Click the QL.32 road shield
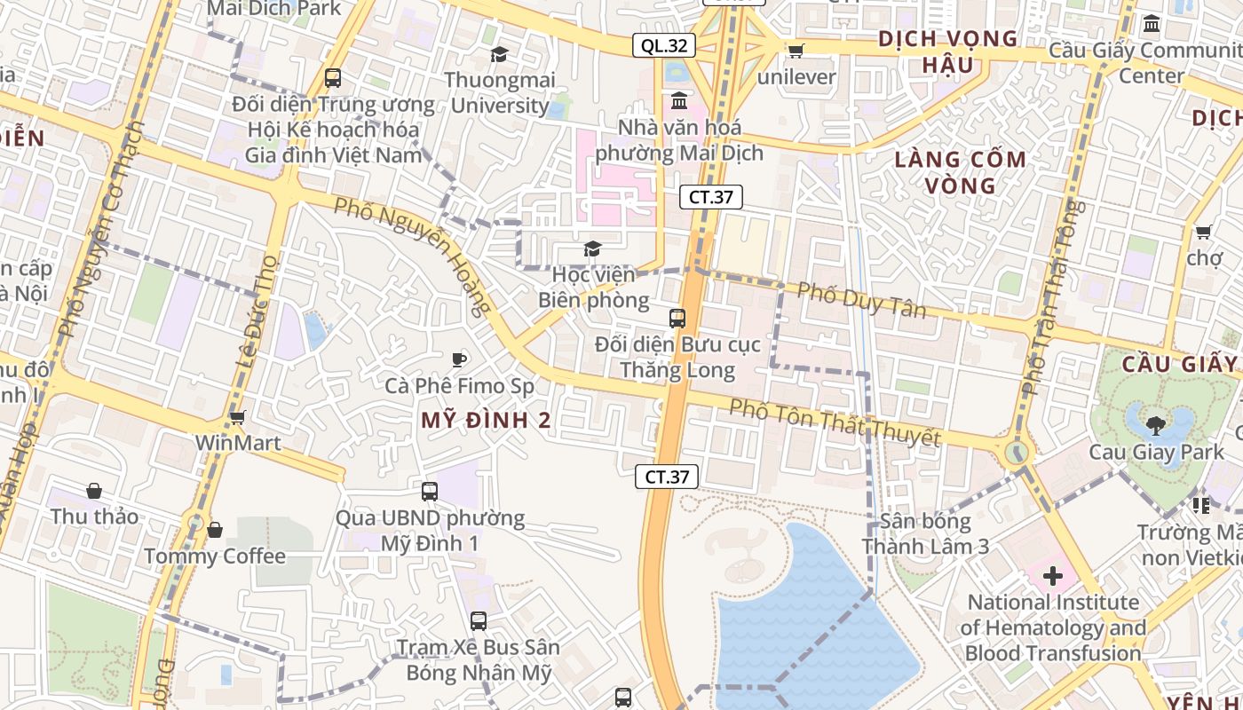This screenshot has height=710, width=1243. point(663,45)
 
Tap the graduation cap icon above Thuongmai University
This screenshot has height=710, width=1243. point(499,55)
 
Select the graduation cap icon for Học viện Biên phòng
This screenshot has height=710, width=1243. point(592,249)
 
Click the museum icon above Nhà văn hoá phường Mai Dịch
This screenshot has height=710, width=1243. point(679,99)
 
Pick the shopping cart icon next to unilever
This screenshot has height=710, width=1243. point(796,51)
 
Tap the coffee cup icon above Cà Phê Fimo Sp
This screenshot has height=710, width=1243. point(459,359)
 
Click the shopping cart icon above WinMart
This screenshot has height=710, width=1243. point(237,417)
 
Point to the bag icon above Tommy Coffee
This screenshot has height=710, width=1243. point(215,530)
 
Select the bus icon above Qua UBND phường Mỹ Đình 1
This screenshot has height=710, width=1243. point(430,491)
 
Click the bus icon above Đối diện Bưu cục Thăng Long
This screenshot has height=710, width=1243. point(677,318)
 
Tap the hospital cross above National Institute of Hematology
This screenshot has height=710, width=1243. point(1052,576)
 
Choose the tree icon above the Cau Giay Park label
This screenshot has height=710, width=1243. point(1156,426)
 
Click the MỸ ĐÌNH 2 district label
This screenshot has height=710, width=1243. point(486,421)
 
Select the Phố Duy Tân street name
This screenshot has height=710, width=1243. point(861,300)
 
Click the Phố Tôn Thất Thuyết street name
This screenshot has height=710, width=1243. point(835,422)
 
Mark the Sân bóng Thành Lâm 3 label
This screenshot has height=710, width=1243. point(925,533)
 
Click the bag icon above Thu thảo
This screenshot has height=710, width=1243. point(94,491)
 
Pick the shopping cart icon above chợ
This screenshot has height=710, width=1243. point(1204,233)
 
